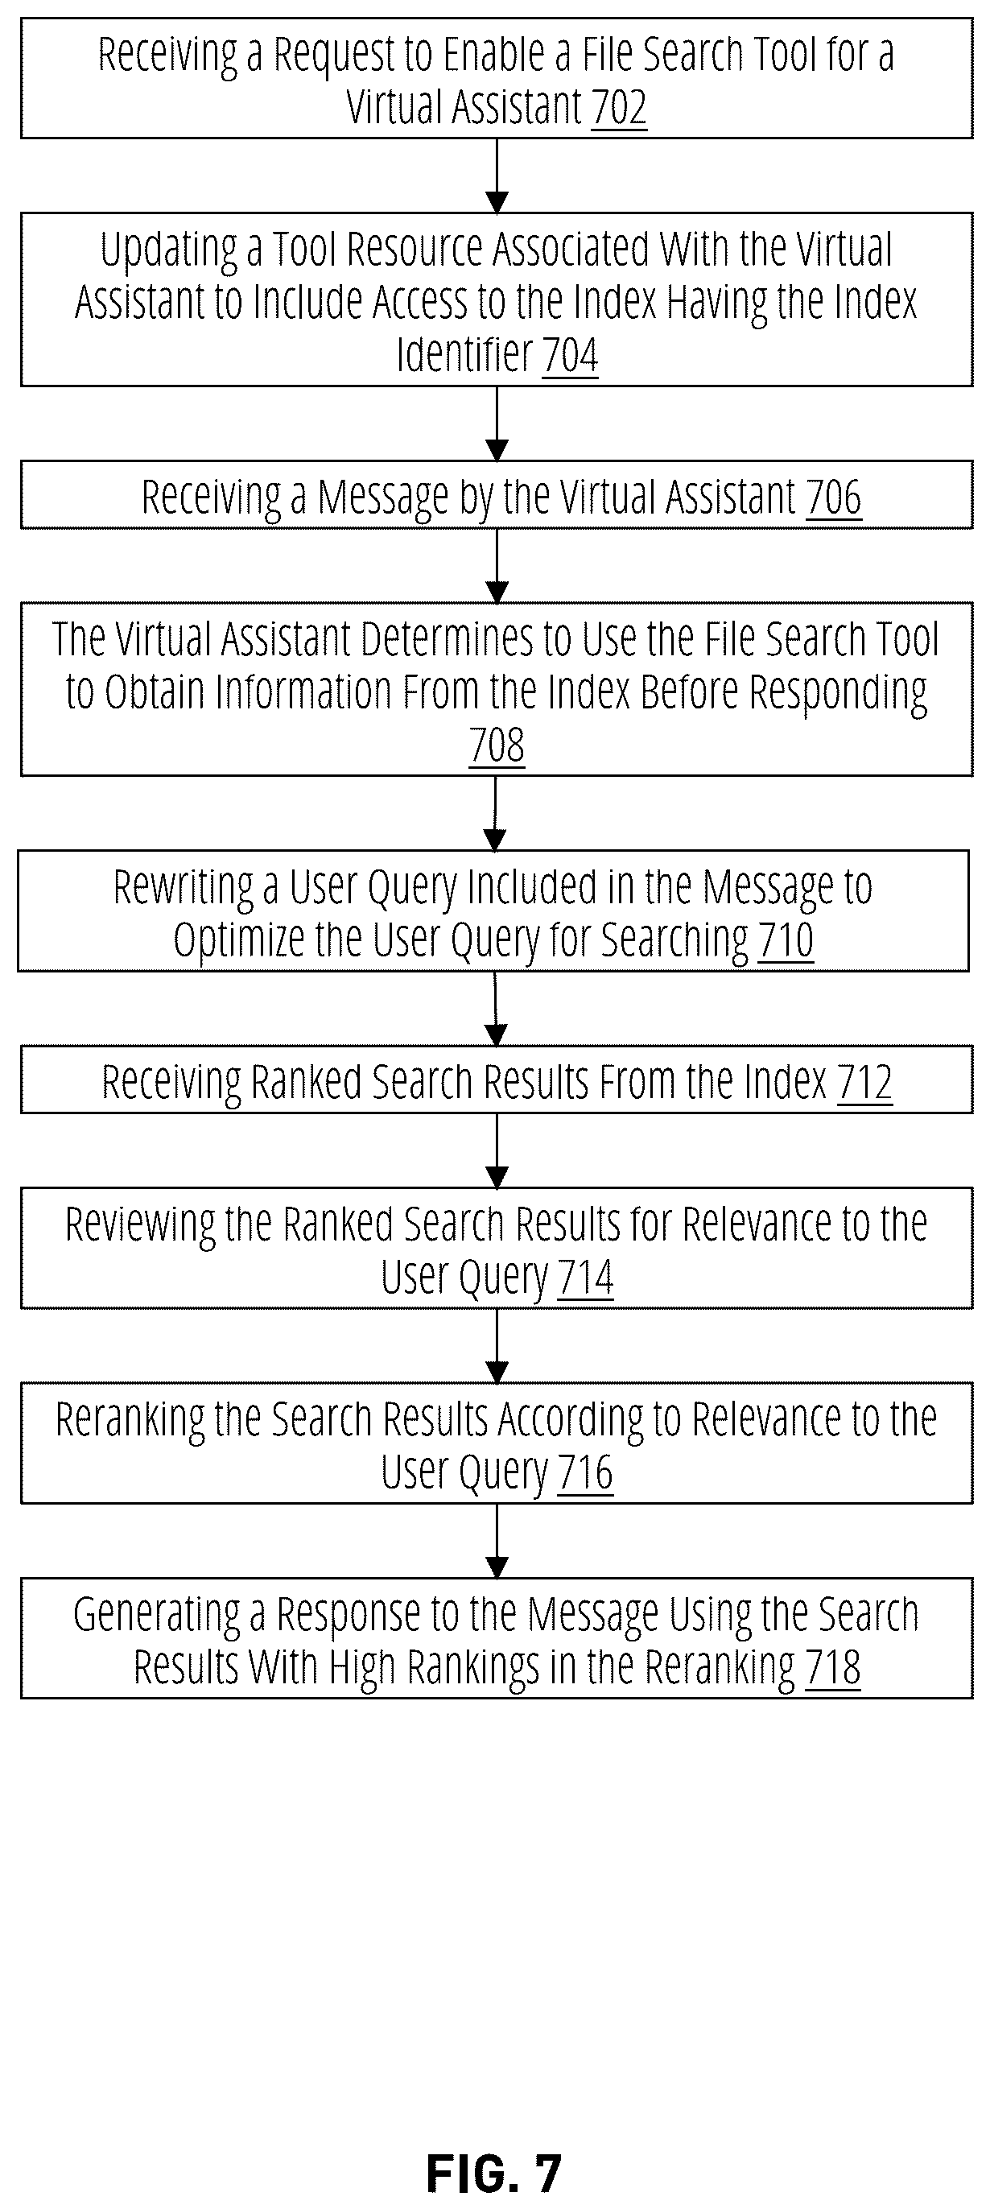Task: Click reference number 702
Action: (x=619, y=108)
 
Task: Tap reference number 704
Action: (x=570, y=355)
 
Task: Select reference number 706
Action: (x=833, y=498)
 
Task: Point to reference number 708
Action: (x=497, y=745)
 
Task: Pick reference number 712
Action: (x=865, y=1082)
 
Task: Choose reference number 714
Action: (x=585, y=1278)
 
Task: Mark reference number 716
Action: (x=585, y=1472)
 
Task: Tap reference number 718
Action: (x=832, y=1668)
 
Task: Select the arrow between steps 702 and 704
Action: (x=497, y=175)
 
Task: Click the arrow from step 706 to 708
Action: (x=497, y=566)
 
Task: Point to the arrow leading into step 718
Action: (x=497, y=1541)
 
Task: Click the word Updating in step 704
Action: (x=169, y=250)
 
